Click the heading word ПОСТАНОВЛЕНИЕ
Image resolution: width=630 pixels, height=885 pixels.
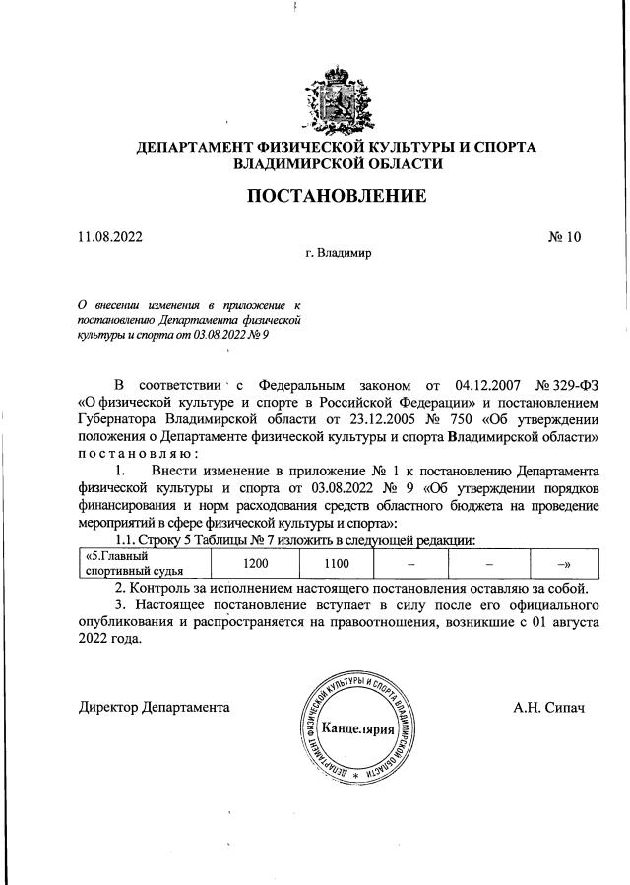[336, 196]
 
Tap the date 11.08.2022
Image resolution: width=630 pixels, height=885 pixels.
[110, 237]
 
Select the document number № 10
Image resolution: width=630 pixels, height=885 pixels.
[565, 237]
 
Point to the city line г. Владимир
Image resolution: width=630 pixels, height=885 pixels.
[338, 253]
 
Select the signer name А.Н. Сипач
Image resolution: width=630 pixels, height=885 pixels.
[548, 708]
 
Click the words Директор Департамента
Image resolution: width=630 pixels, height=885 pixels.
[156, 708]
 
